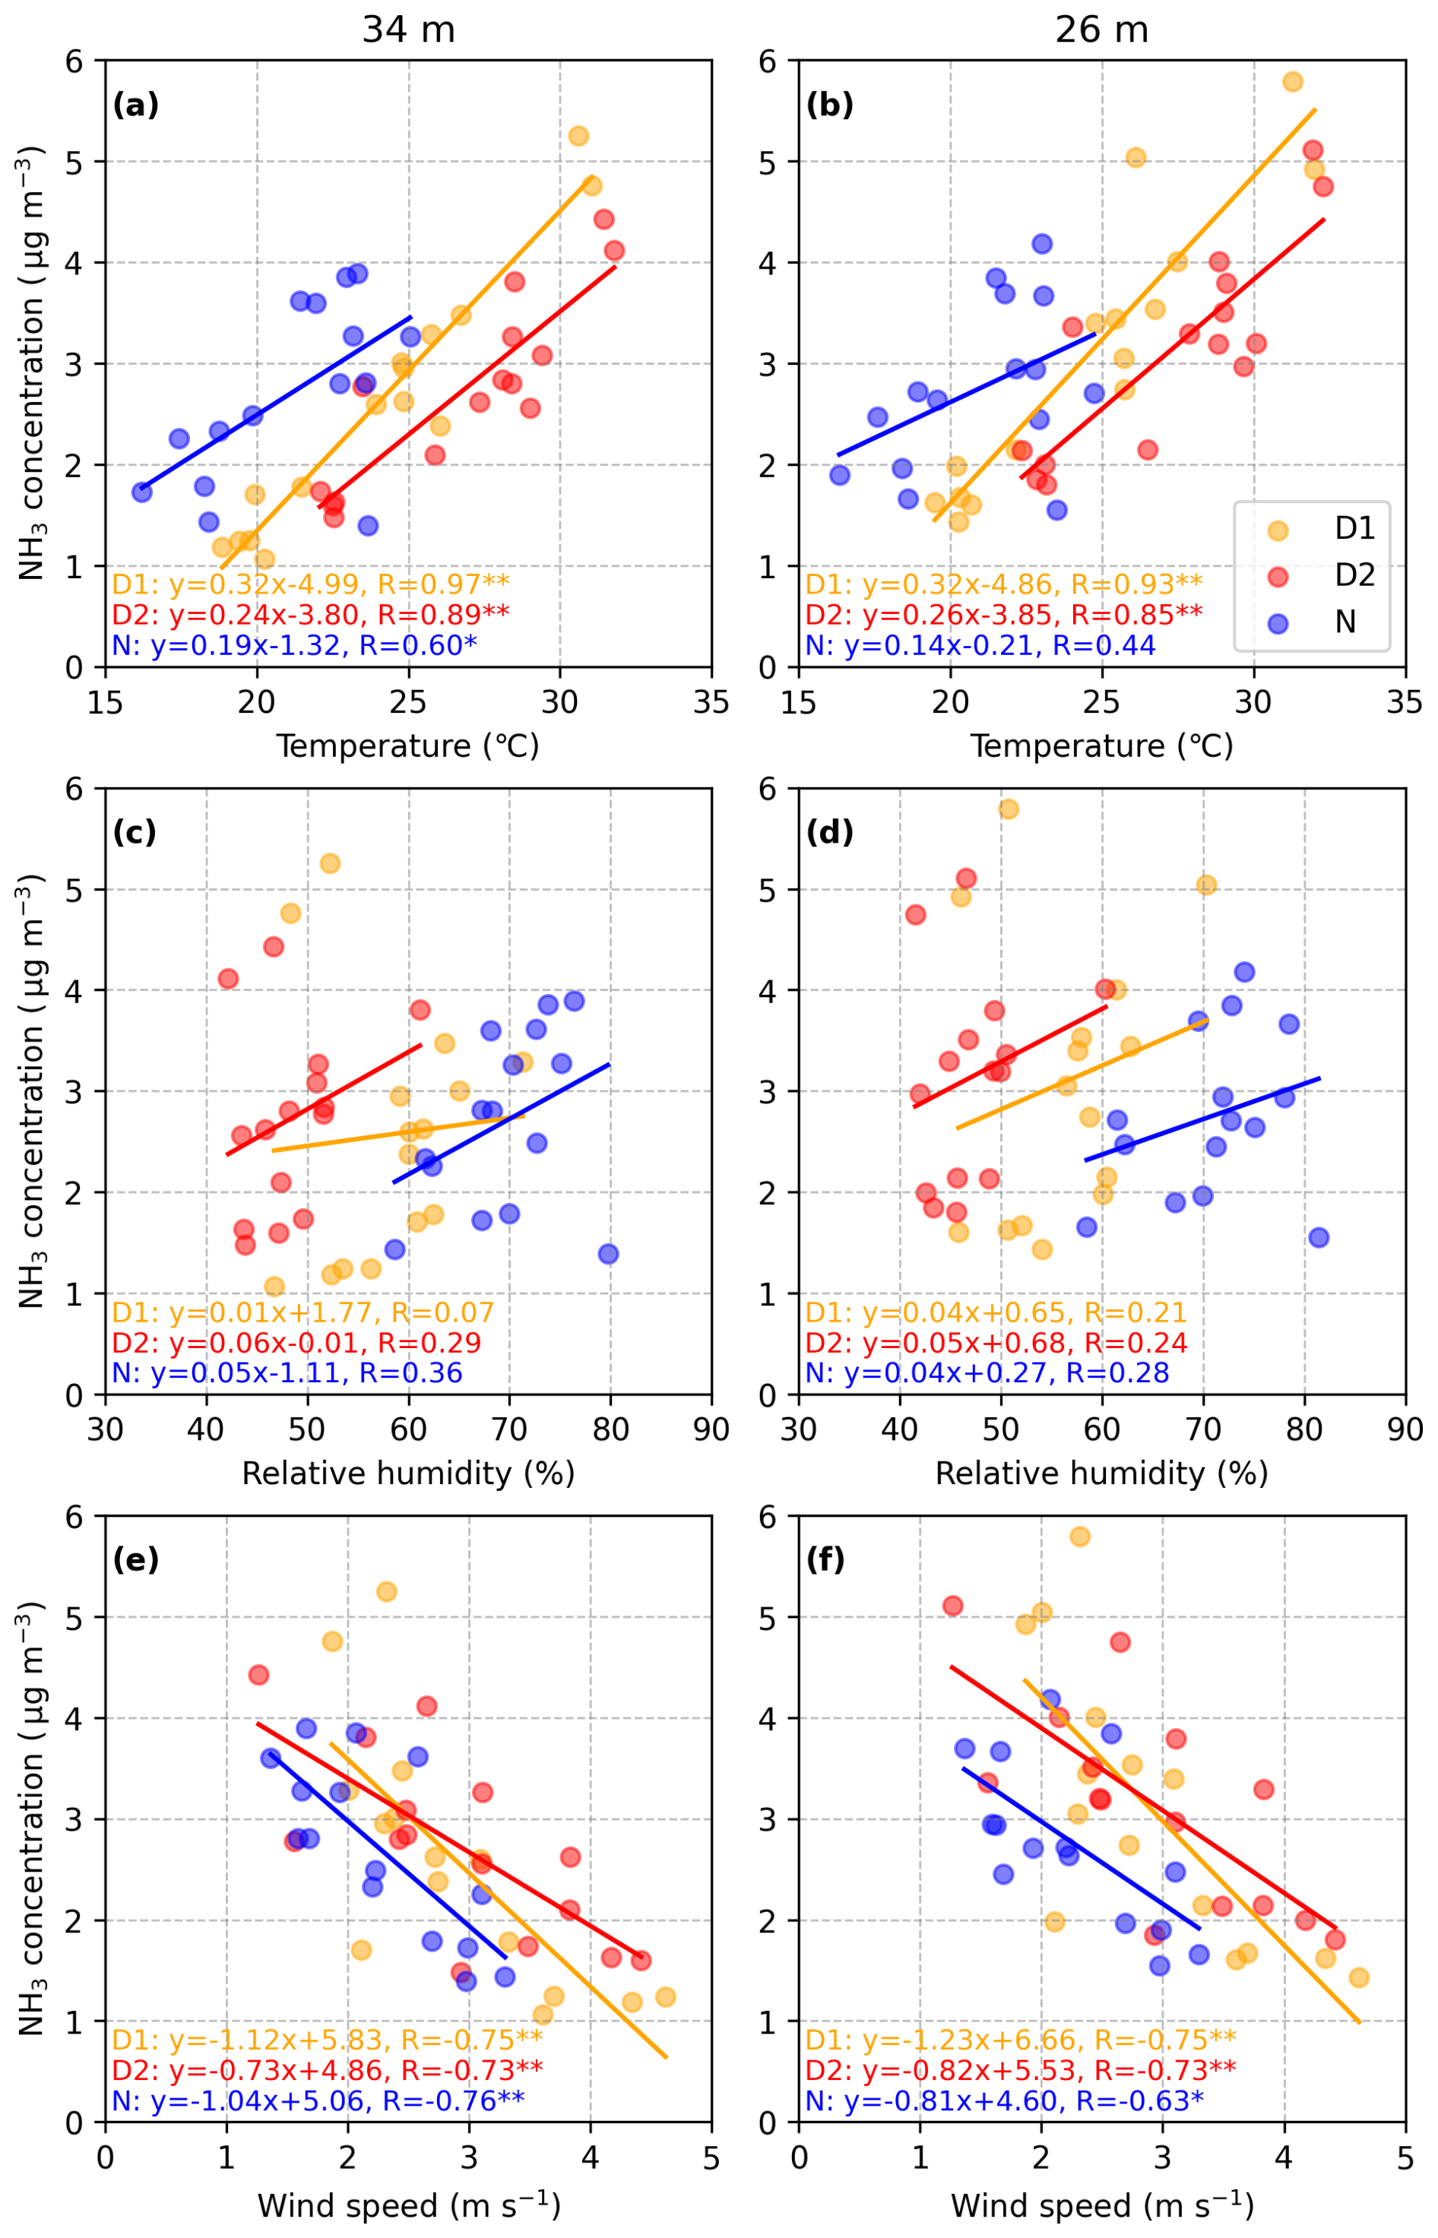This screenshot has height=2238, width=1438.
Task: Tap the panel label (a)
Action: (x=135, y=106)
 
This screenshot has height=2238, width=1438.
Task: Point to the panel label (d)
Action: (x=829, y=832)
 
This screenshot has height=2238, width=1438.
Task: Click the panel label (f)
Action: (x=825, y=1559)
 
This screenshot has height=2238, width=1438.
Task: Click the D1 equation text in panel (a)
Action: (x=310, y=584)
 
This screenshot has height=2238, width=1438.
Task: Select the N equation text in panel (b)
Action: (x=980, y=645)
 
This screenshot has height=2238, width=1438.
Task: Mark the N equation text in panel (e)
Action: (x=318, y=2100)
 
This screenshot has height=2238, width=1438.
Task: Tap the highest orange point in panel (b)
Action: (x=1292, y=81)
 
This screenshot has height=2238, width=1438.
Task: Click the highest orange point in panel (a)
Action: (x=578, y=135)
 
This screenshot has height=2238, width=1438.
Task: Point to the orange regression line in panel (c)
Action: (x=401, y=1132)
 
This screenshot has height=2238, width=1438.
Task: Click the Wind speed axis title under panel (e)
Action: (x=408, y=2205)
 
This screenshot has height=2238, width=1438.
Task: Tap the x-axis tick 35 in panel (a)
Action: (x=711, y=702)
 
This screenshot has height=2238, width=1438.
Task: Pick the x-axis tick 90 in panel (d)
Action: (x=1405, y=1429)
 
